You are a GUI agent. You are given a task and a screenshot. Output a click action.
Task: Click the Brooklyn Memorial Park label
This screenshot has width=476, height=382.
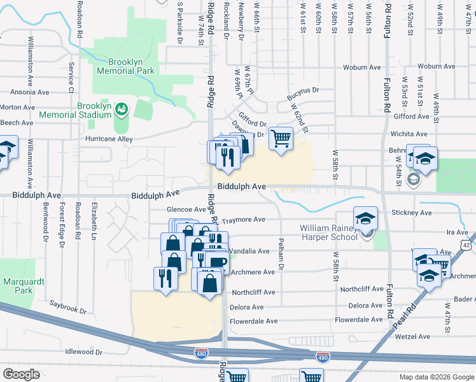pos(124,66)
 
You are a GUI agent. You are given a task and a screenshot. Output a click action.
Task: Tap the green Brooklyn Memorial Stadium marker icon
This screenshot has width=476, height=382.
pos(122,110)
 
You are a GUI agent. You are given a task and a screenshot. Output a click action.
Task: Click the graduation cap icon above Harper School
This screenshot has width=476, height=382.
pos(365,217)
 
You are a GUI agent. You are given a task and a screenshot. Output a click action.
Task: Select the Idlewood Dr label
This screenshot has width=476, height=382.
pos(84,351)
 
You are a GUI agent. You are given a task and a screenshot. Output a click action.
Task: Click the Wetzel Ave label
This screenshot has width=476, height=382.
pos(412,336)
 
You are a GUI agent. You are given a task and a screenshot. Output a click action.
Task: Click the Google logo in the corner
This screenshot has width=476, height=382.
pos(21,374)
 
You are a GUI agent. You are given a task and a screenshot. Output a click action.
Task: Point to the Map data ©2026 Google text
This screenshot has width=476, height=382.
pos(436,377)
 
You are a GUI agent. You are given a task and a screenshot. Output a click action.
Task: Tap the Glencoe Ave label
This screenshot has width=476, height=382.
pos(186,209)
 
